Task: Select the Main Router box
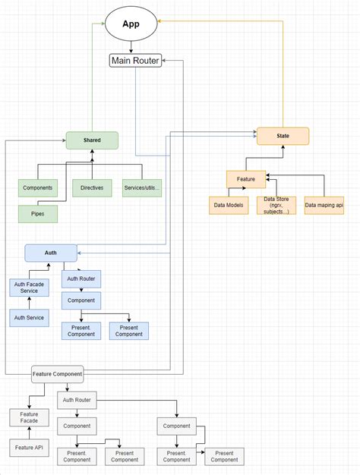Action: click(135, 61)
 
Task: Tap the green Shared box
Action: click(92, 140)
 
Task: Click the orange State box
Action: click(283, 137)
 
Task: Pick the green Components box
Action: click(38, 187)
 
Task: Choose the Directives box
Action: click(92, 187)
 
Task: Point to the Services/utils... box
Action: click(142, 187)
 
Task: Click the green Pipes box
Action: click(38, 215)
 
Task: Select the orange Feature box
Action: click(245, 179)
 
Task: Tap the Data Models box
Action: click(229, 205)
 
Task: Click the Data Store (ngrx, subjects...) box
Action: click(276, 206)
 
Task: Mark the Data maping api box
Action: click(324, 205)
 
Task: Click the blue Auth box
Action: click(51, 253)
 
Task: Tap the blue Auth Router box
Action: click(81, 279)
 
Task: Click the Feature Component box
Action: click(57, 374)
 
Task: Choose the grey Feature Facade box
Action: click(29, 417)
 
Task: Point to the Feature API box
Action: click(29, 448)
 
